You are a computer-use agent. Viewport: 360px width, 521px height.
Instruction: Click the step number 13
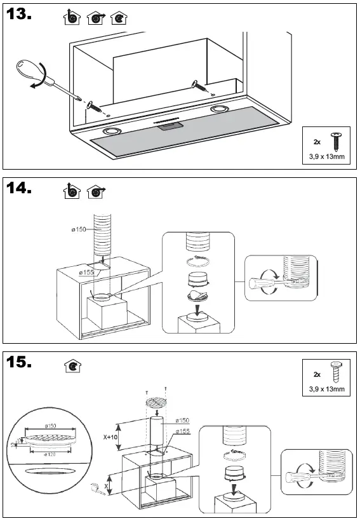click(x=19, y=16)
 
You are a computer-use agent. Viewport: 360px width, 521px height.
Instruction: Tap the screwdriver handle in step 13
click(x=29, y=68)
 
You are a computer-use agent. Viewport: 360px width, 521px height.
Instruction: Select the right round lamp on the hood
click(x=220, y=110)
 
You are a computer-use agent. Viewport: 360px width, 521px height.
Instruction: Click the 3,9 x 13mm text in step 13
click(x=326, y=156)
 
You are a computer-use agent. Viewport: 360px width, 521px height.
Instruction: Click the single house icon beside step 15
click(x=72, y=367)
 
